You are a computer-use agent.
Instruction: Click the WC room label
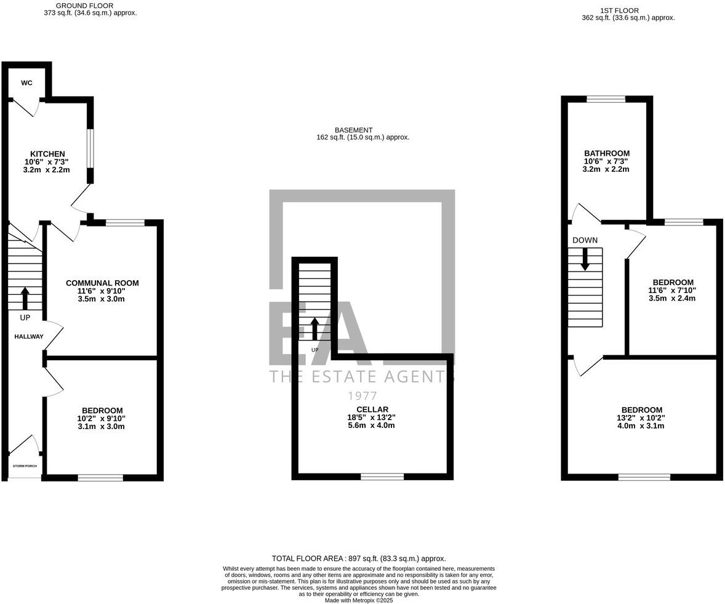[26, 83]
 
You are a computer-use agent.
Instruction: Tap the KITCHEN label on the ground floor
[47, 154]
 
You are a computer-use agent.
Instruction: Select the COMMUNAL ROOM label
[102, 283]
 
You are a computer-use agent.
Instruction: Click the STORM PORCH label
[25, 466]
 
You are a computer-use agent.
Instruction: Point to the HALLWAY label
[29, 336]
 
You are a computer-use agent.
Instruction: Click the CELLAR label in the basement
[372, 409]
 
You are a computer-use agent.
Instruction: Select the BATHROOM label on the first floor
[606, 153]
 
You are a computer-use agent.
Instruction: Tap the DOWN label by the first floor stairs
[585, 240]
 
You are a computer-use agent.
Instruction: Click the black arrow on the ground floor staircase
[25, 298]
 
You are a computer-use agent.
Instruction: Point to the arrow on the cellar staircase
[314, 329]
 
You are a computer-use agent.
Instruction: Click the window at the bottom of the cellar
[382, 476]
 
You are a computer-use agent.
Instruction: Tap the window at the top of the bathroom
[606, 99]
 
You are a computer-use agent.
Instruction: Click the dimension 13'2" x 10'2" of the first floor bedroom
[642, 418]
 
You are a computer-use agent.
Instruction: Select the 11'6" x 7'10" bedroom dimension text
[671, 291]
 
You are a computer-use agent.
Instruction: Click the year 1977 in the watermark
[362, 396]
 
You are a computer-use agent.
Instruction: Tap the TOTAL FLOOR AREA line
[359, 558]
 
